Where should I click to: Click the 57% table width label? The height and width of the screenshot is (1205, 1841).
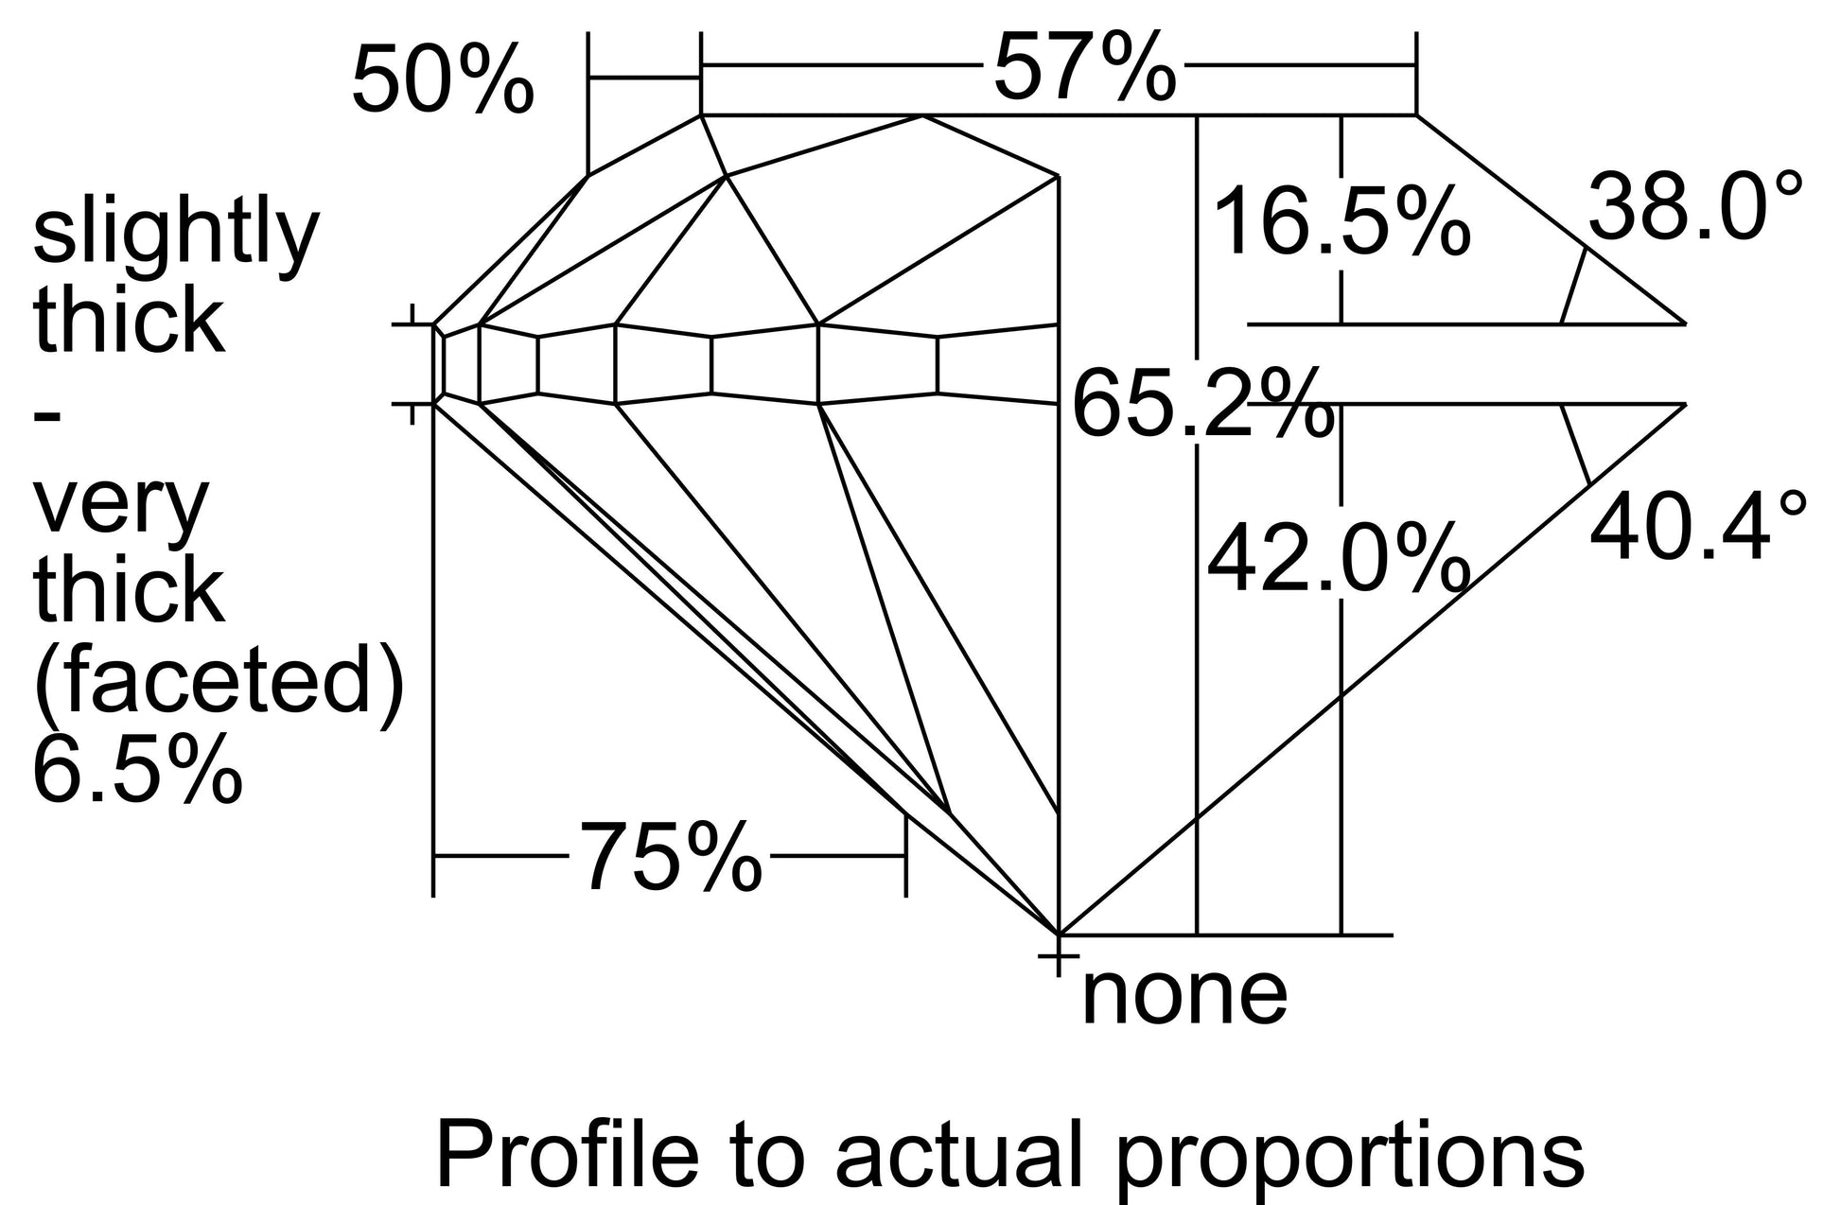click(1085, 66)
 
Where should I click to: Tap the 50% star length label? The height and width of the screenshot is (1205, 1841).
click(443, 80)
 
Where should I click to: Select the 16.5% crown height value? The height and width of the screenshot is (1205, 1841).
click(1341, 223)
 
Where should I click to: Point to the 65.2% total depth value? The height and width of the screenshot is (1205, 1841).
click(1202, 405)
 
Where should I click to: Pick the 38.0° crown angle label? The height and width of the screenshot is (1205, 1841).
click(1695, 207)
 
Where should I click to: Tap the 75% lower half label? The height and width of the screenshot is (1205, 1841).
click(670, 857)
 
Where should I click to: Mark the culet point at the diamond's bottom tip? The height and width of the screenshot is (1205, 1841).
click(1058, 934)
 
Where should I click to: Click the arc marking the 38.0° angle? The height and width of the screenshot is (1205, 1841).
click(1573, 286)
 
